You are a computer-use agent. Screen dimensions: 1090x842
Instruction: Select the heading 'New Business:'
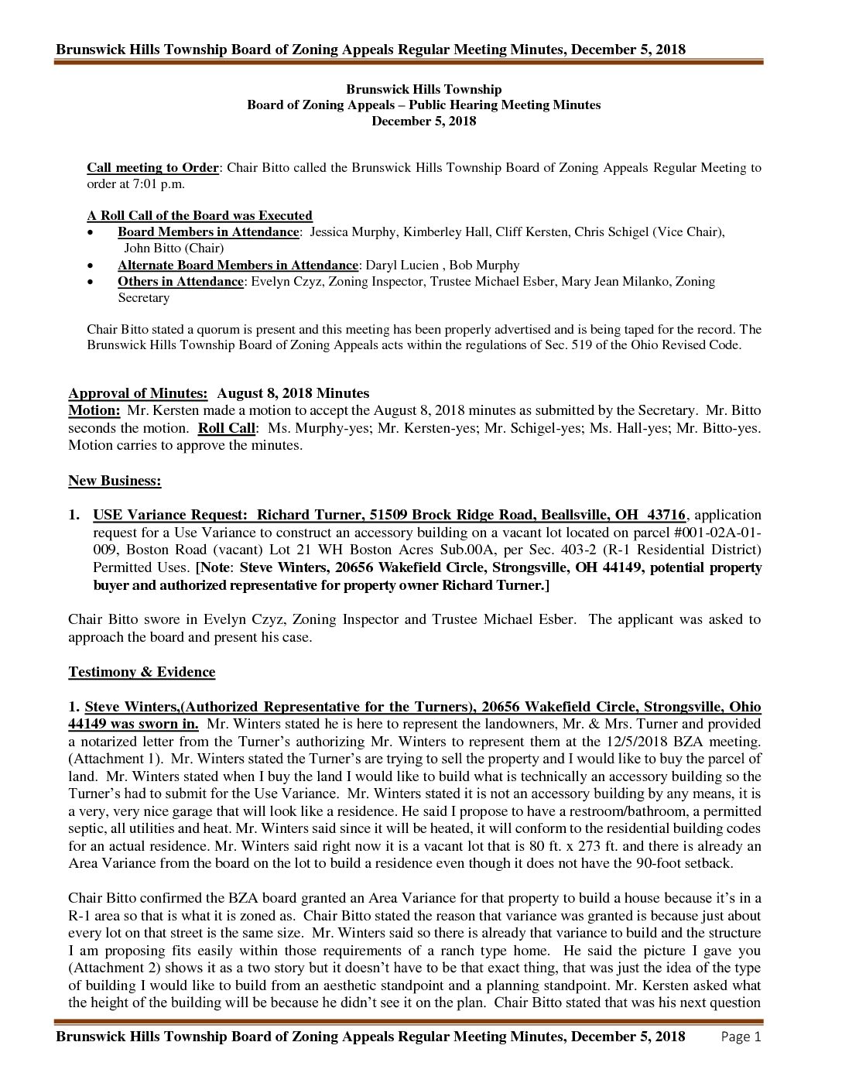pos(115,481)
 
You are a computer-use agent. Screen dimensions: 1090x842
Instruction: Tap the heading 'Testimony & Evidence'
pos(142,672)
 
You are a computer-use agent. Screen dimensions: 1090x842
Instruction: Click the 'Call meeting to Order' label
pos(153,167)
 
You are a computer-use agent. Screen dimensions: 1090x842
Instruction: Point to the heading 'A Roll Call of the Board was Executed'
pos(199,215)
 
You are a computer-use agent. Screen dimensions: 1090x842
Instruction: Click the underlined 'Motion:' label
pos(94,410)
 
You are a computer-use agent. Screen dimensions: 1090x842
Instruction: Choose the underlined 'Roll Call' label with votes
pos(226,428)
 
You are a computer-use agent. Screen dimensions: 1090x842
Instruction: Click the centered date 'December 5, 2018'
pos(423,121)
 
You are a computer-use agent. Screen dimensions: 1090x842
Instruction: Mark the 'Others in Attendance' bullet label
pos(180,282)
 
